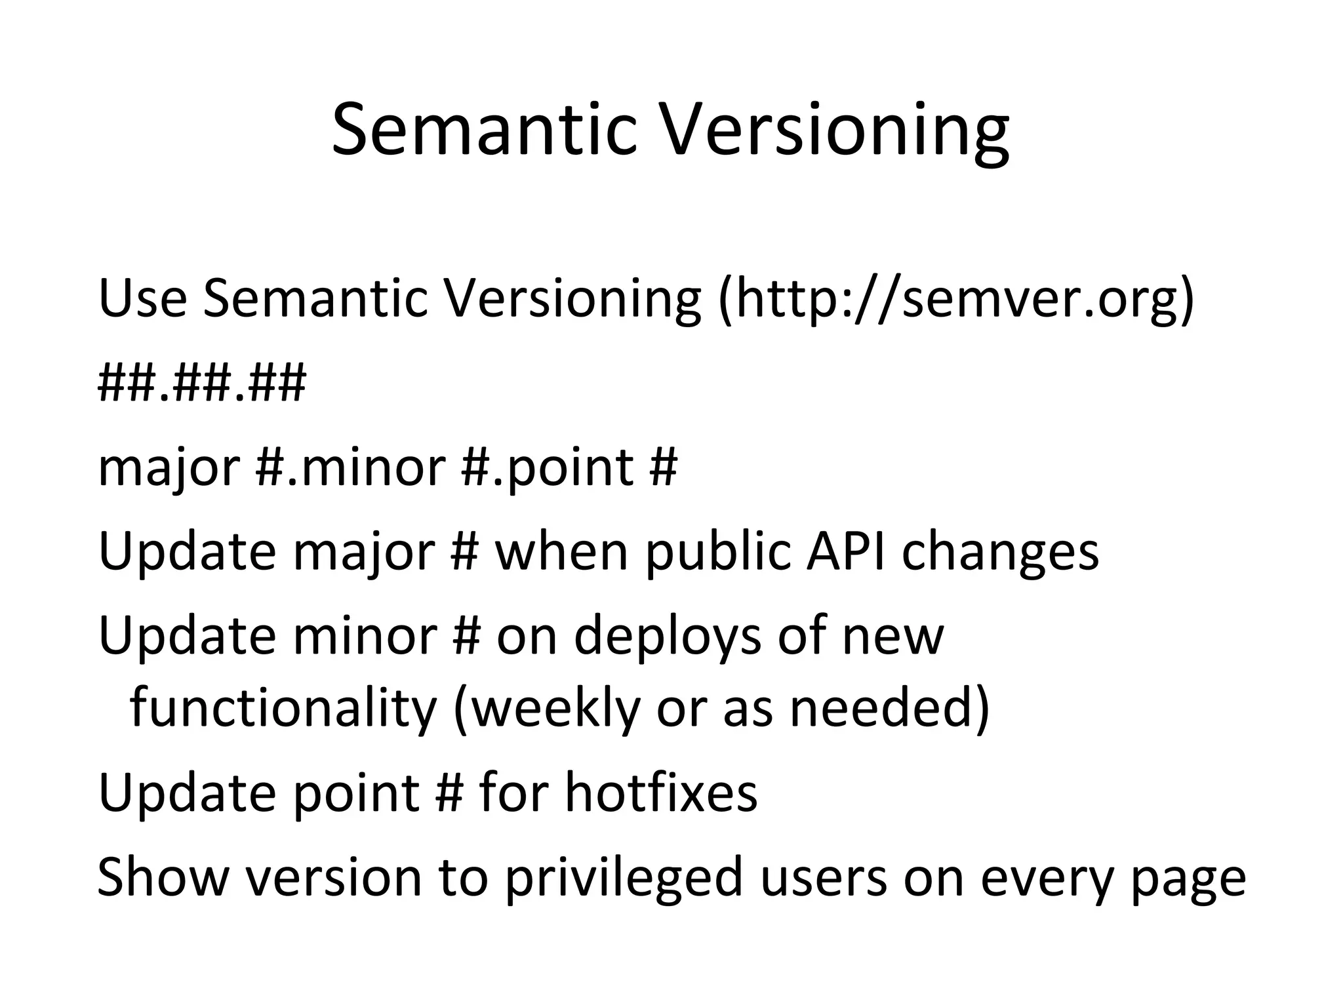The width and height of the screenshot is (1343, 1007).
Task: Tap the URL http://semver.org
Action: click(953, 298)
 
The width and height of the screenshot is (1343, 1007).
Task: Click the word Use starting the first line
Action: click(142, 298)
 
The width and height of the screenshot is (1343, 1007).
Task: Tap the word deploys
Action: click(668, 636)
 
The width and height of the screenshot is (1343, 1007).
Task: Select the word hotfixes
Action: click(661, 793)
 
